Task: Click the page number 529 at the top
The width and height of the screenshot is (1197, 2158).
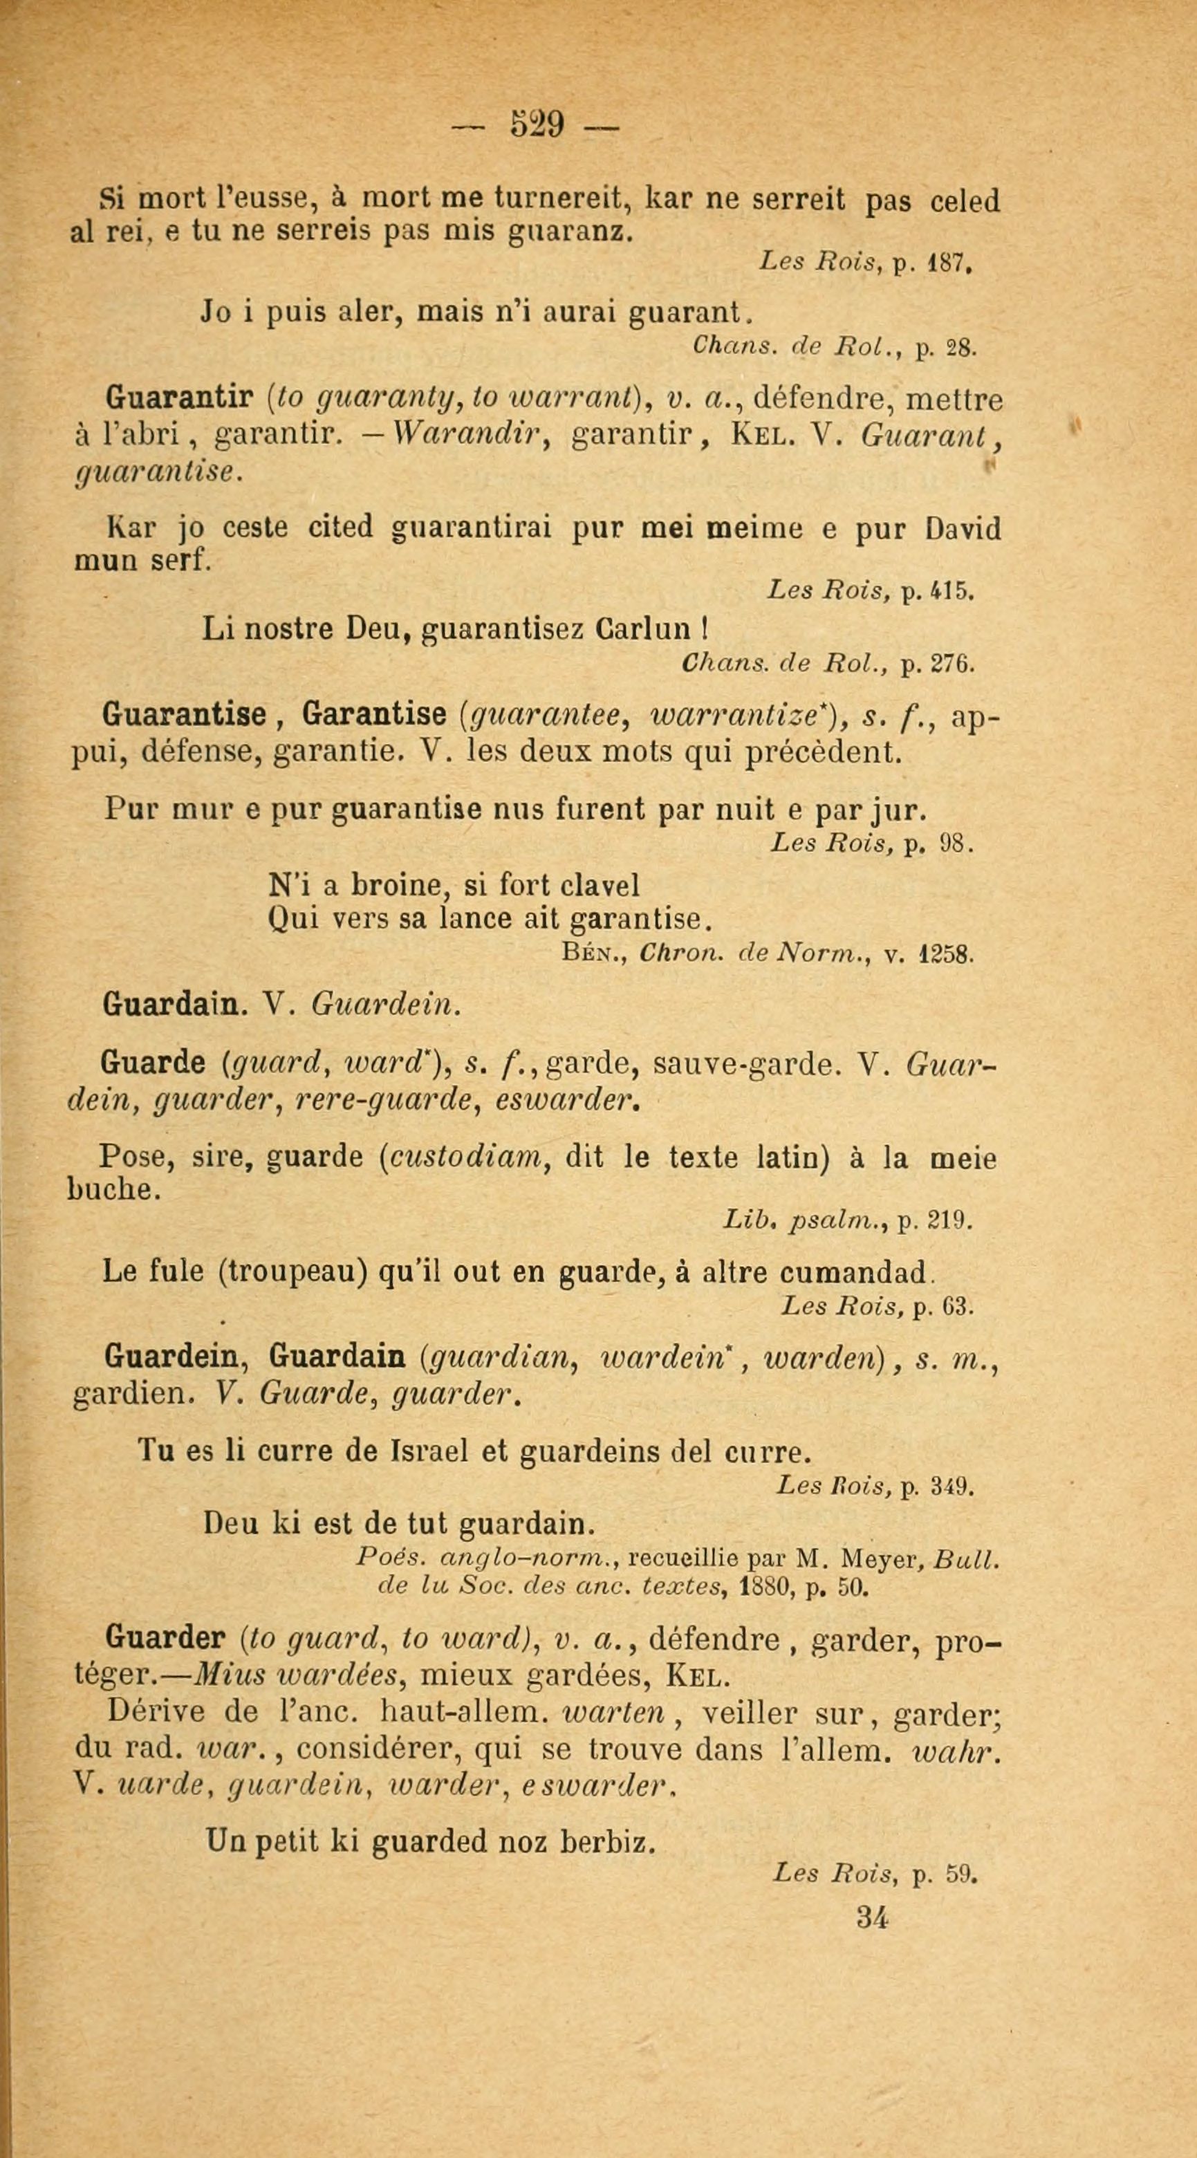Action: point(535,127)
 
